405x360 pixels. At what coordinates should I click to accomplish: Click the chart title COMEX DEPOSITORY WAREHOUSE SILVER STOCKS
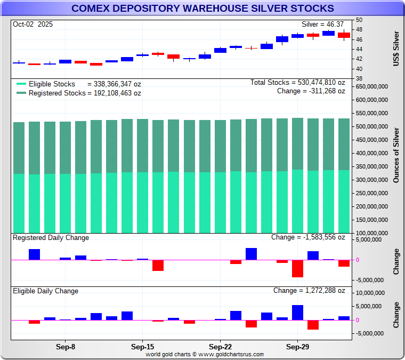(x=203, y=9)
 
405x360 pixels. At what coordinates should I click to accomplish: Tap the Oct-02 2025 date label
(x=33, y=25)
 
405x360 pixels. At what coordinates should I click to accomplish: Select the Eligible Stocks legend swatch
(x=21, y=84)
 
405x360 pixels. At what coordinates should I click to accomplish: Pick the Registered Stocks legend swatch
(x=21, y=93)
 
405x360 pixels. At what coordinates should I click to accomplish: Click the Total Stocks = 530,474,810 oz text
(x=298, y=83)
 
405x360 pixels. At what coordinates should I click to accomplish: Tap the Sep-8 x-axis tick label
(x=65, y=346)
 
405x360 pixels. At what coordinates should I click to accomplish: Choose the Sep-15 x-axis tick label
(x=142, y=346)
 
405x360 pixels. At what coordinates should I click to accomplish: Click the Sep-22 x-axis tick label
(x=220, y=346)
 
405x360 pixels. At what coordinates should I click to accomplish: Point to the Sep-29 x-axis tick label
(x=297, y=346)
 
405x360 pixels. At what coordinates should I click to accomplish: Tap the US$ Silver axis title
(x=396, y=49)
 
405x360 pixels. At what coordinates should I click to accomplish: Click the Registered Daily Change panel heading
(x=51, y=238)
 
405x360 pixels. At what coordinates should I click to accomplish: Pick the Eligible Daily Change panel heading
(x=46, y=291)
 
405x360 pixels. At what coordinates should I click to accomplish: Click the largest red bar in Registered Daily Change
(x=297, y=269)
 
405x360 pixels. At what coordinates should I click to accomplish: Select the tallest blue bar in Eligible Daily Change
(x=297, y=313)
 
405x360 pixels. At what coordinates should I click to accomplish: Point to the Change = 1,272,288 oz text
(x=309, y=291)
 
